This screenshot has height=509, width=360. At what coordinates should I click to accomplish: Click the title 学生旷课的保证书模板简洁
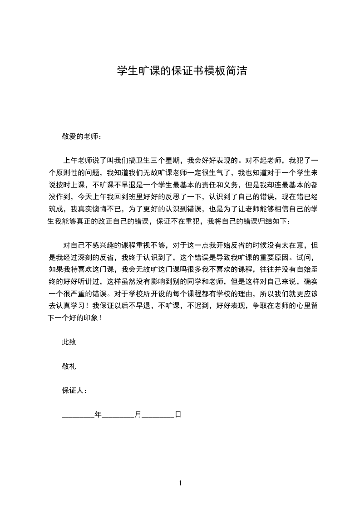[x=182, y=71]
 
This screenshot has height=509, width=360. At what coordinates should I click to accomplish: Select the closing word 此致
[x=69, y=342]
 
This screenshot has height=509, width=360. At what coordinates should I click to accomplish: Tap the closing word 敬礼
[x=69, y=366]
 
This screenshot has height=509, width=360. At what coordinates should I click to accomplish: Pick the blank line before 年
[x=78, y=415]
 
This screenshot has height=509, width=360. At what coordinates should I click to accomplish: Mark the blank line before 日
[x=158, y=415]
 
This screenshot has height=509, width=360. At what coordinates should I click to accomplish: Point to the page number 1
[x=180, y=483]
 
